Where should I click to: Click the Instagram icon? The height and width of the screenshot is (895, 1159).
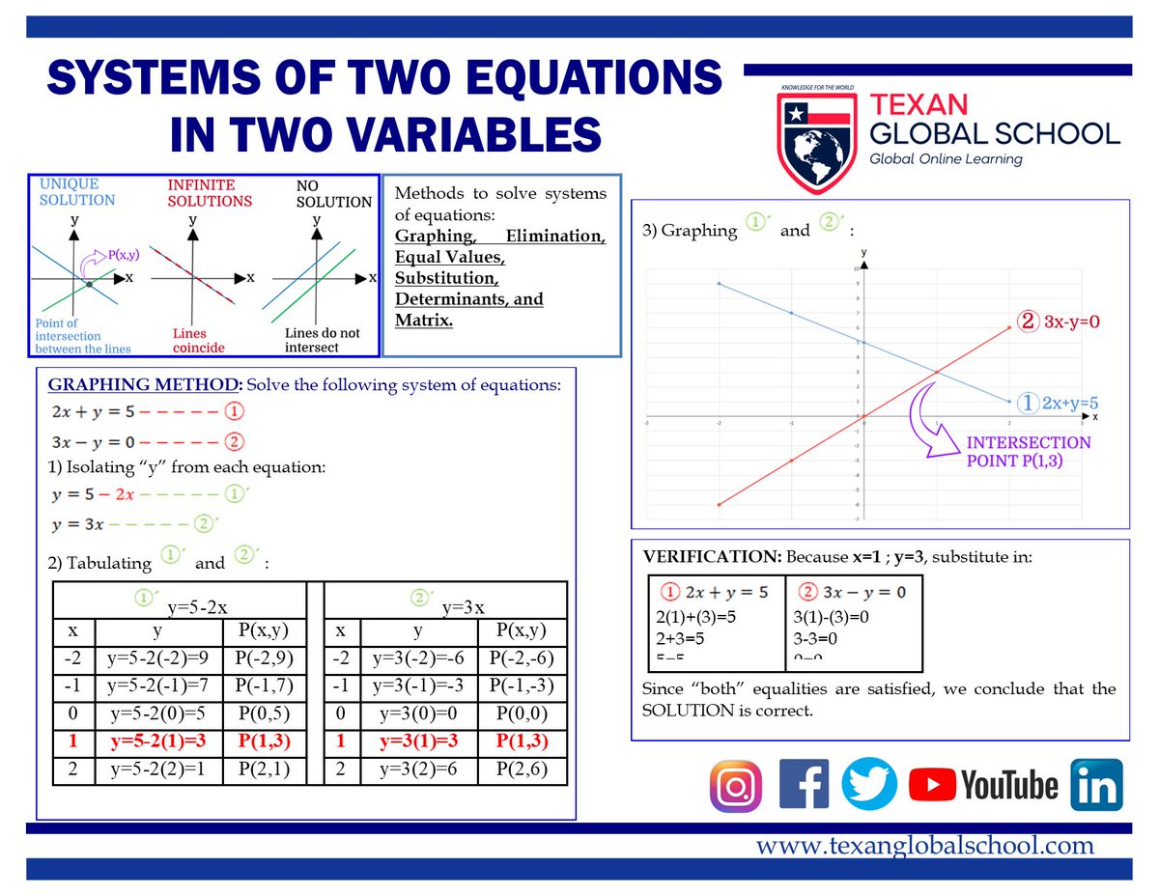coord(736,786)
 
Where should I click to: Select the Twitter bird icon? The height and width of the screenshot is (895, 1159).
coord(869,784)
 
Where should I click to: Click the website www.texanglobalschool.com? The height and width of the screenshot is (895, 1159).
coord(924,846)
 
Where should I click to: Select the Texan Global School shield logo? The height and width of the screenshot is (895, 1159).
coord(815,138)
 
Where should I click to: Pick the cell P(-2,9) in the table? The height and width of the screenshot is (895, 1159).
coord(264,659)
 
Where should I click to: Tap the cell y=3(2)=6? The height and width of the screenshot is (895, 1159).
coord(416,769)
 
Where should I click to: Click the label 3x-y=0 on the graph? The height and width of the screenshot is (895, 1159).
coord(1071,321)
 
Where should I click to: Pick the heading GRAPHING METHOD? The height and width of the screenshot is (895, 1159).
coord(145,385)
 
